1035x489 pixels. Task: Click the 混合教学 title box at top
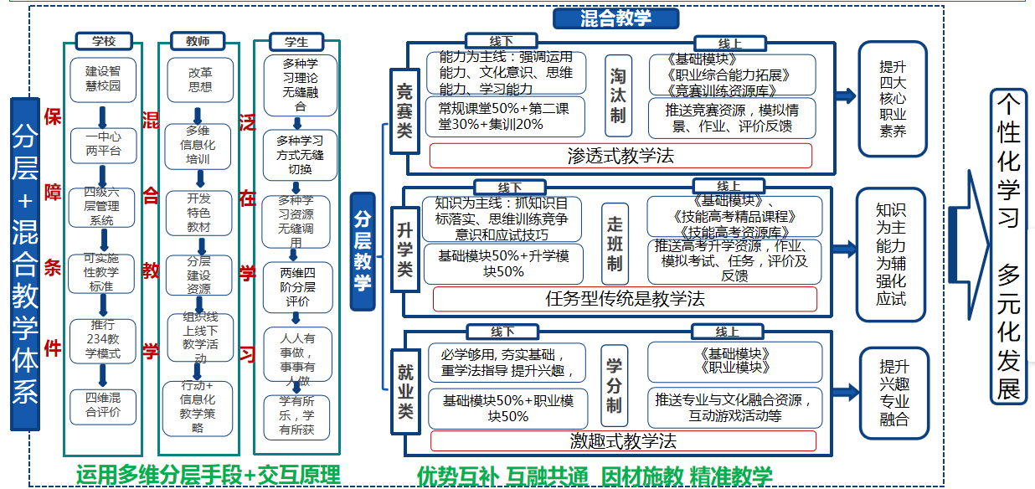click(615, 18)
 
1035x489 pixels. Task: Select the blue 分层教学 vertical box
click(363, 251)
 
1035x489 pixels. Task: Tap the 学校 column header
click(104, 41)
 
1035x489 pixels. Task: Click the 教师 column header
click(198, 41)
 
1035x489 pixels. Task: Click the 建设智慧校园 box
click(103, 80)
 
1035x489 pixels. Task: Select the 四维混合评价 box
click(103, 405)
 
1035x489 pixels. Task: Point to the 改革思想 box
click(199, 80)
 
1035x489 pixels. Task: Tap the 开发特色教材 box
click(199, 213)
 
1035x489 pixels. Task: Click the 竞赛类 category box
click(404, 109)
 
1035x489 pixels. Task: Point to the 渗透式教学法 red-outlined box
click(620, 156)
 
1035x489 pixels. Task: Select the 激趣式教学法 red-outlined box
click(622, 440)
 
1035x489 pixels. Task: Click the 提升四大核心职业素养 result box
click(893, 99)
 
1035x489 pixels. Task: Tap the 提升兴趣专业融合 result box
click(893, 394)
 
